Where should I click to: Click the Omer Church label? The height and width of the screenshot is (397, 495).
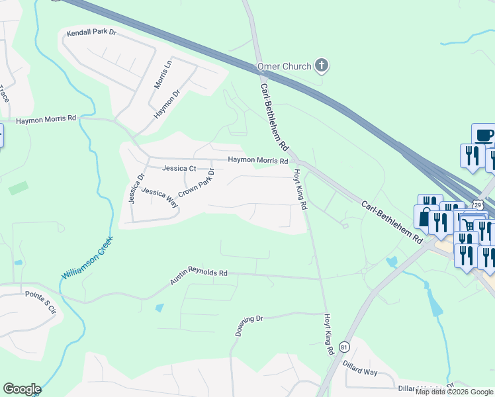[x=287, y=66]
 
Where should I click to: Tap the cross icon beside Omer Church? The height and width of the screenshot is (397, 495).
[x=322, y=65]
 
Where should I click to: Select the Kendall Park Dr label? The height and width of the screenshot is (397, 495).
[x=91, y=32]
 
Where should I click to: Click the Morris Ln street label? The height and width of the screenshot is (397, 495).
[x=162, y=75]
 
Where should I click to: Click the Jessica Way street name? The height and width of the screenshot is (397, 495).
[x=159, y=194]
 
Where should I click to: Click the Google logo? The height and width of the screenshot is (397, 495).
[x=22, y=389]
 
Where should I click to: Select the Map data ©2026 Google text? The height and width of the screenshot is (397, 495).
[x=454, y=392]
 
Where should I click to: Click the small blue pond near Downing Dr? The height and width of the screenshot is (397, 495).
[x=159, y=308]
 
